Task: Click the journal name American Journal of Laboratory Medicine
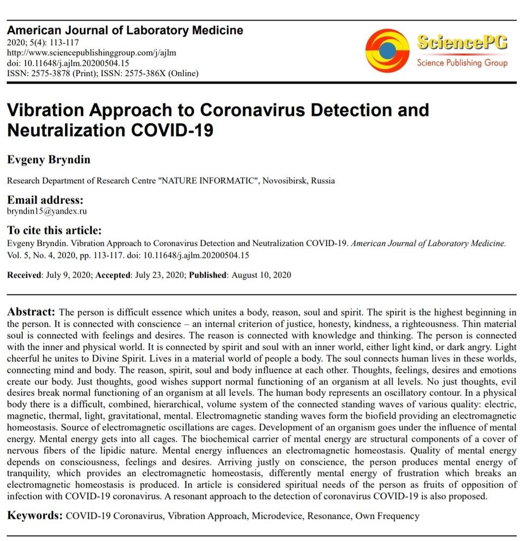click(x=125, y=30)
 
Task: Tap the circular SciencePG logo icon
click(x=387, y=50)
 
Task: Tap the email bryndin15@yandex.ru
click(x=47, y=211)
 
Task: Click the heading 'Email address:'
click(x=44, y=200)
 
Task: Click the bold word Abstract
click(x=31, y=312)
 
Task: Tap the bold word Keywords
click(x=35, y=516)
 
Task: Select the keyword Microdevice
click(x=275, y=516)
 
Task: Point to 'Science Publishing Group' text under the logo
click(x=462, y=63)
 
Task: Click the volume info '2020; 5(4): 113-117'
click(x=43, y=42)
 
